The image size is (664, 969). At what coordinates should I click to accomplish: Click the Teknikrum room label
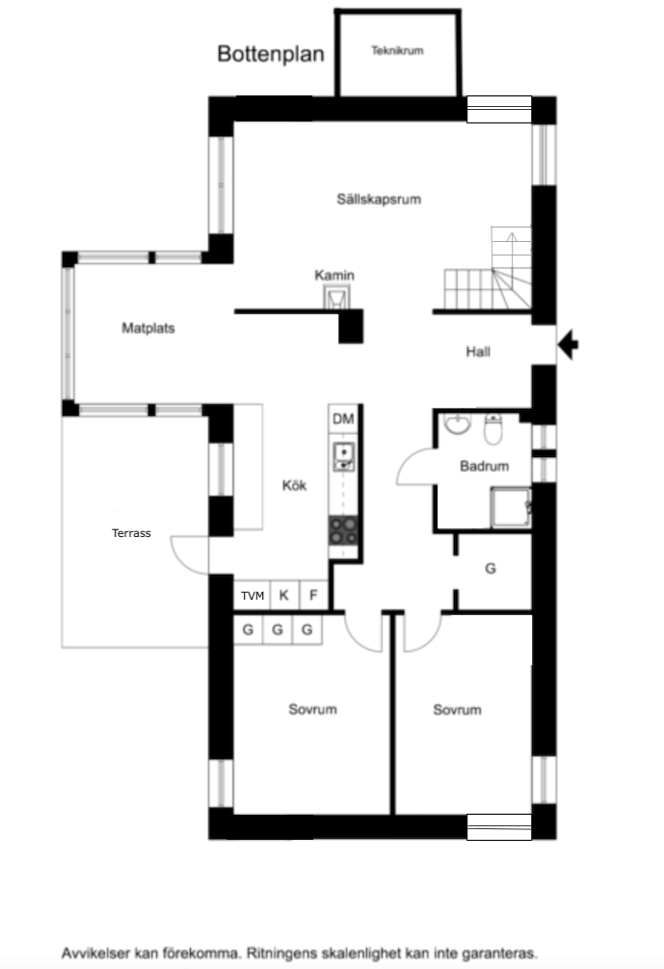point(397,51)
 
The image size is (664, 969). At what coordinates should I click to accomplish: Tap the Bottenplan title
point(271,54)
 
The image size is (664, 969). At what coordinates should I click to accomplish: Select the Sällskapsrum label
point(379,199)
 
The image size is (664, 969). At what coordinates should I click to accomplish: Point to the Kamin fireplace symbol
point(336,297)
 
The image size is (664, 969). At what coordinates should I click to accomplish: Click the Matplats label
point(148,328)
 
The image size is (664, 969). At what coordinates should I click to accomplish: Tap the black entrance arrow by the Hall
point(568,344)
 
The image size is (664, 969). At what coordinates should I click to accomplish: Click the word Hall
point(478,352)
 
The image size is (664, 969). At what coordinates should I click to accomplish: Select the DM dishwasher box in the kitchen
point(343,419)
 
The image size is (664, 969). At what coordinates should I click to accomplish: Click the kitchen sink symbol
point(344,457)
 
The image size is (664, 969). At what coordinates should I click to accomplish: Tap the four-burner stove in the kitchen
point(343,531)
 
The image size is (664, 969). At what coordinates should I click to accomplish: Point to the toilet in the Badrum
point(493,429)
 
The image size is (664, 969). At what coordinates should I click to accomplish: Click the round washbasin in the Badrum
point(458,423)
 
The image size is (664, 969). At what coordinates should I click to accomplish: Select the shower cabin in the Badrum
point(511,507)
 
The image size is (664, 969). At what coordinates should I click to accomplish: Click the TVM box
point(252,596)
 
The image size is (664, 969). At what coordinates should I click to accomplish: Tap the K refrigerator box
point(284,596)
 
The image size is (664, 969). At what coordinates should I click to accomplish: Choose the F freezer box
point(313,596)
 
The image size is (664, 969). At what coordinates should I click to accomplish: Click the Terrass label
point(131,533)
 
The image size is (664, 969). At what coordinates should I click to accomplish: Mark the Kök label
point(294,486)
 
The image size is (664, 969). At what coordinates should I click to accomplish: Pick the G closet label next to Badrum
point(491,569)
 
